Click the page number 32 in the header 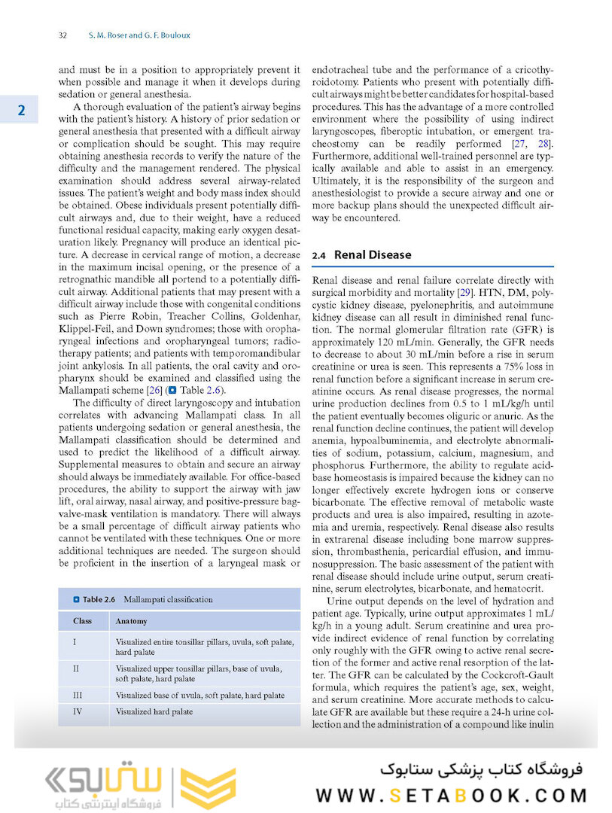click(x=63, y=35)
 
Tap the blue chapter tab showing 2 click(x=22, y=111)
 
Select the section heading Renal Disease click(x=373, y=254)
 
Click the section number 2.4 click(x=318, y=255)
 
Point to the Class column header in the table click(x=83, y=621)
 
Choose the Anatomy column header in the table click(x=131, y=621)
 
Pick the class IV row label click(x=78, y=711)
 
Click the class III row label click(x=78, y=696)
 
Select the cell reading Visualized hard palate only click(x=154, y=711)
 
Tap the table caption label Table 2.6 click(x=99, y=599)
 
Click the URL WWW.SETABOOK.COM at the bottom click(x=451, y=795)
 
